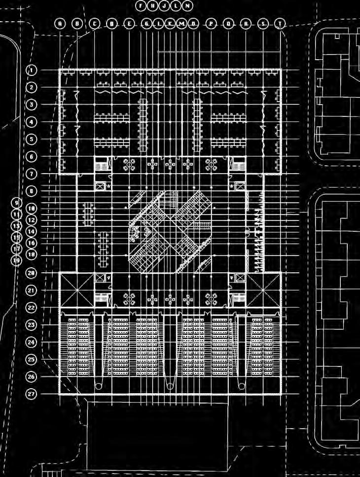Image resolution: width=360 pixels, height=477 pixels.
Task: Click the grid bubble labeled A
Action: click(60, 23)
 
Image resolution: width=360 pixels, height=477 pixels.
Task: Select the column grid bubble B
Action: click(77, 23)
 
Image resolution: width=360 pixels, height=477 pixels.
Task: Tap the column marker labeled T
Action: click(280, 23)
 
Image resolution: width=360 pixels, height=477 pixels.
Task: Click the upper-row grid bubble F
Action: click(141, 6)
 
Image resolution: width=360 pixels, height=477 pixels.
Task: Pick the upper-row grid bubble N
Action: click(187, 6)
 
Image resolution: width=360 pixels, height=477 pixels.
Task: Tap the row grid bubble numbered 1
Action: click(32, 70)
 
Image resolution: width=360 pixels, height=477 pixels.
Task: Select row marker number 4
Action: click(32, 122)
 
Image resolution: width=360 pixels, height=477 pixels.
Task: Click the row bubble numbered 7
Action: click(32, 174)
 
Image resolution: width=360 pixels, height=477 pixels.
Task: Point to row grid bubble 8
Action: click(32, 191)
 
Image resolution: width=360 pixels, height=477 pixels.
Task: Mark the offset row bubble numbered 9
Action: click(17, 203)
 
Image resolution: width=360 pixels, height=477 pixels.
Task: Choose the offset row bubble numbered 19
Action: click(17, 260)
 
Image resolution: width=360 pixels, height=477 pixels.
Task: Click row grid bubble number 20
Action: click(32, 273)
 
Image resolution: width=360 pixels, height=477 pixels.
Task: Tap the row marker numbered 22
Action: click(32, 307)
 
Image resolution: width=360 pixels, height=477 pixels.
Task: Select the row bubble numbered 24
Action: click(32, 342)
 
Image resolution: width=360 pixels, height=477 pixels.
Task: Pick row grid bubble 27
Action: click(32, 394)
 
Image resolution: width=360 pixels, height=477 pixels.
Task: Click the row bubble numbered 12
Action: click(32, 220)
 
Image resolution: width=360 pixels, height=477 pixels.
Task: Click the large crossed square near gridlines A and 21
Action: click(76, 290)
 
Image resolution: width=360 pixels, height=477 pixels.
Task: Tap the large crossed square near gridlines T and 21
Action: click(263, 290)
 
